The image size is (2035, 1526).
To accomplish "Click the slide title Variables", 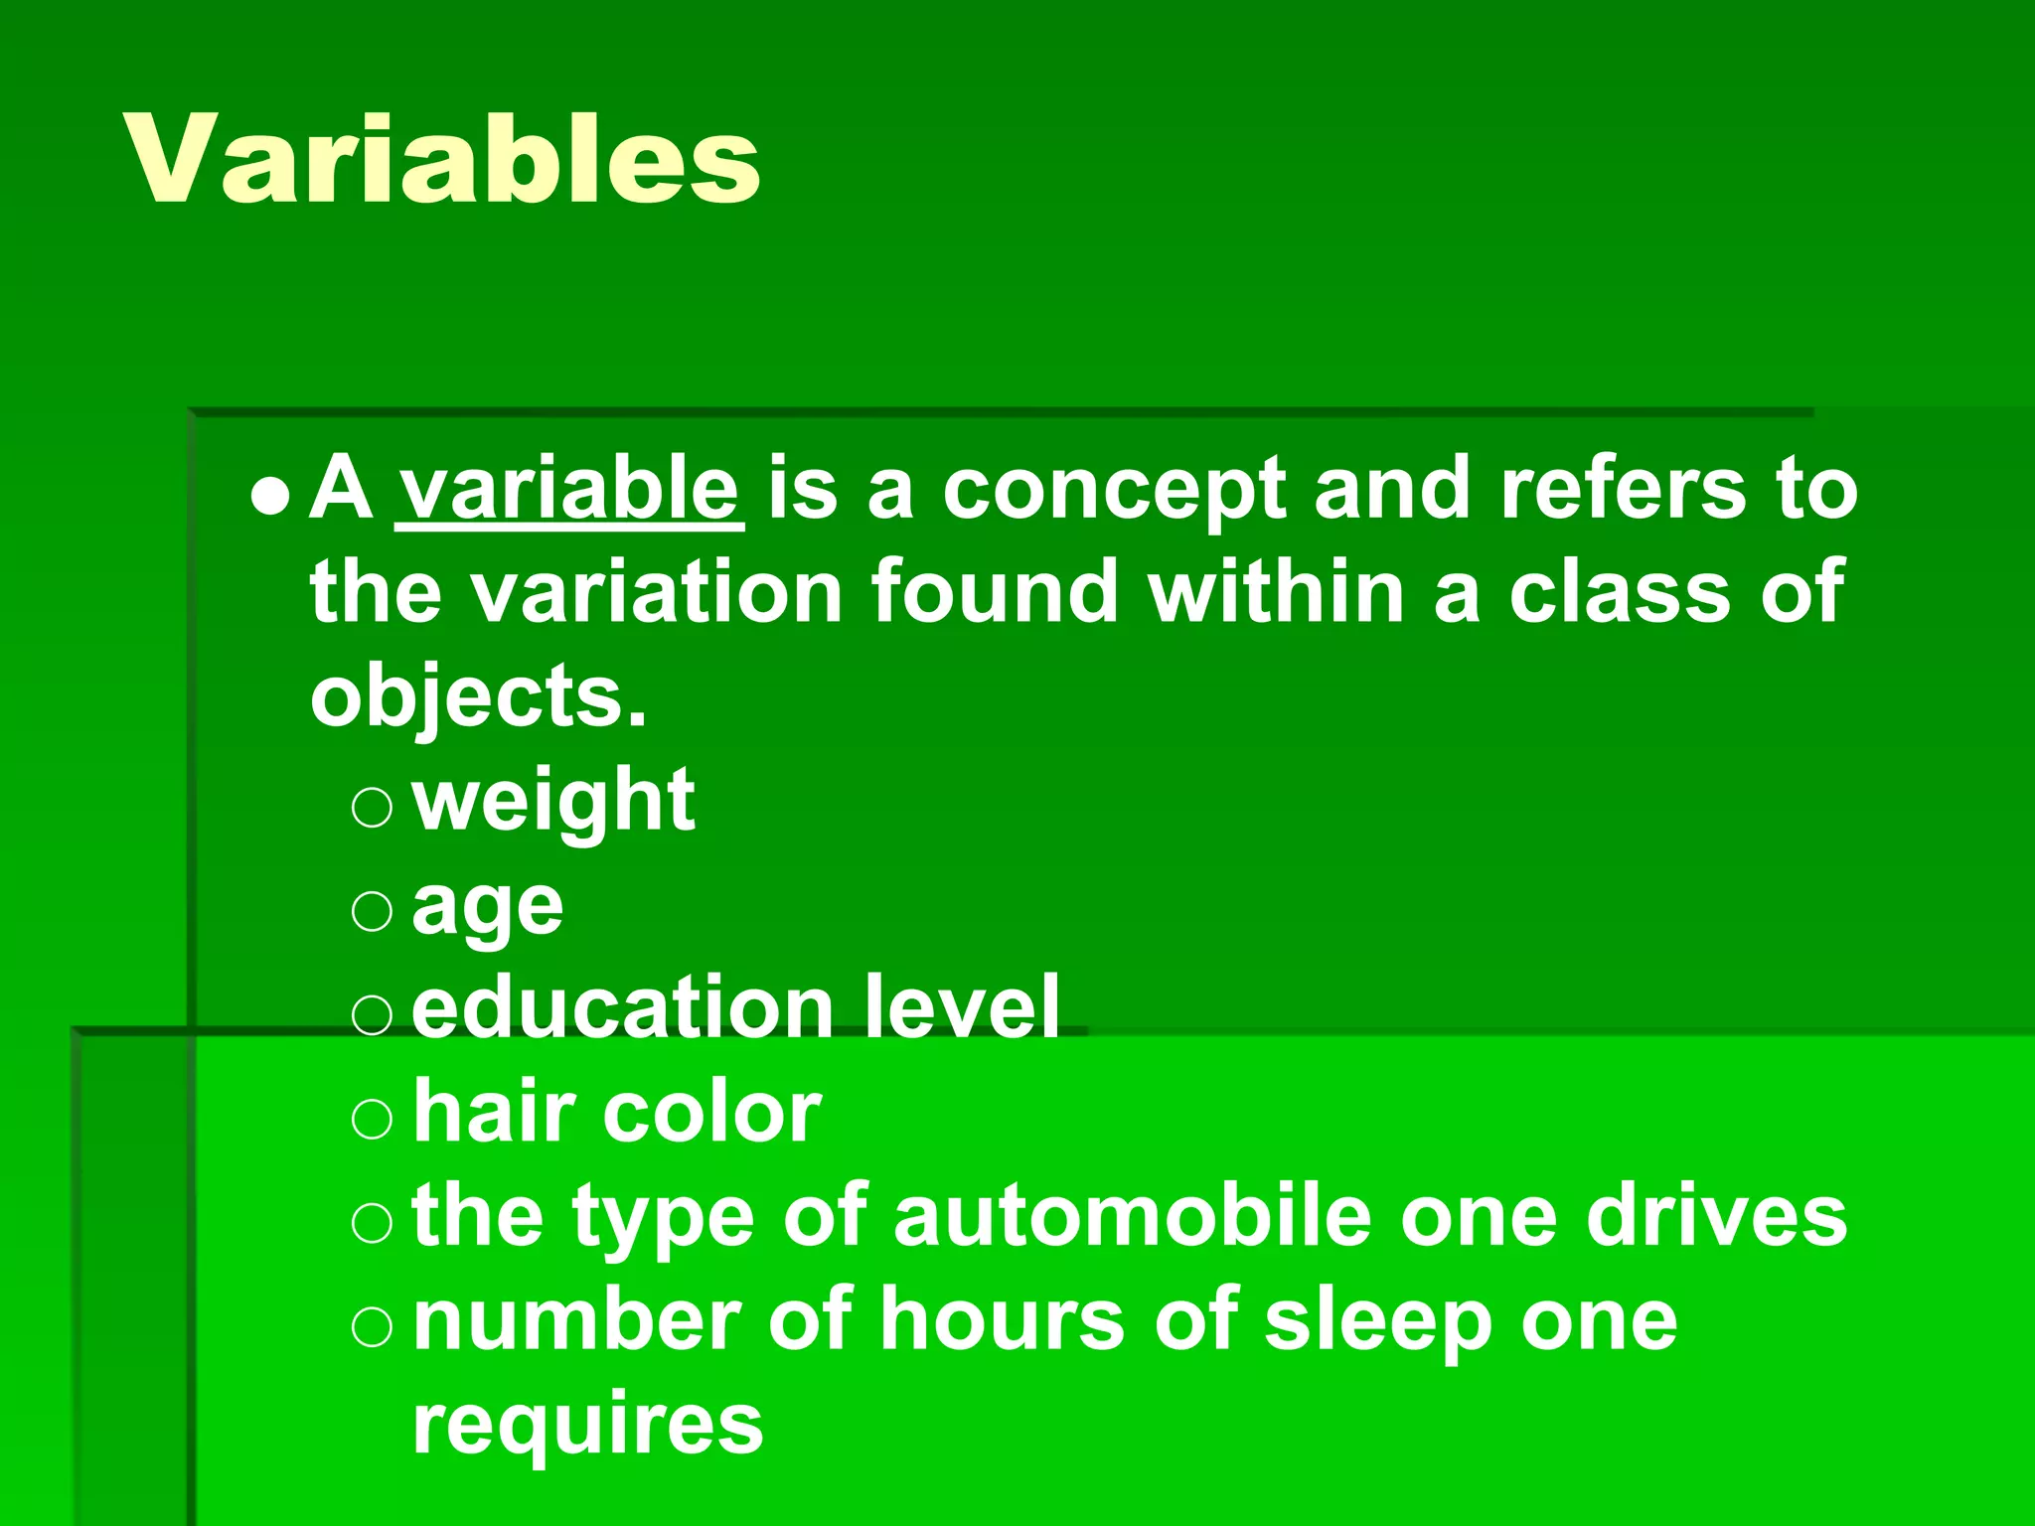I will (442, 159).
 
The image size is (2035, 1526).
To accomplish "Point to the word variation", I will (657, 592).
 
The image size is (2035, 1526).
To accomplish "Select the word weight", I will (553, 803).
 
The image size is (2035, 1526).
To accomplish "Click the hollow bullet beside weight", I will (373, 807).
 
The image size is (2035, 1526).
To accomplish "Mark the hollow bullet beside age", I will (373, 910).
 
